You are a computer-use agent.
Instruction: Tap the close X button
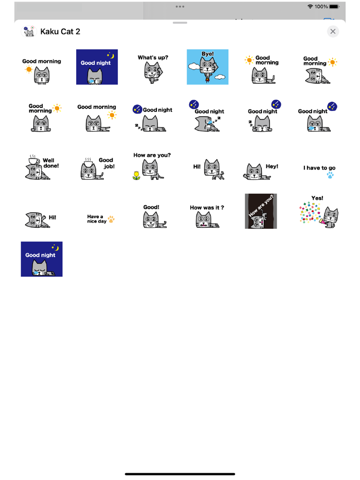point(333,31)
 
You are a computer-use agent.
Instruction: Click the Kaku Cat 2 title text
point(60,32)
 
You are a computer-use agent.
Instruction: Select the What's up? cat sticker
point(152,68)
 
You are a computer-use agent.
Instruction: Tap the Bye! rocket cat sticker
point(207,67)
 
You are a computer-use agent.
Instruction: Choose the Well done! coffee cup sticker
point(42,167)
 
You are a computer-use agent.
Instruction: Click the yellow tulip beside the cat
point(136,175)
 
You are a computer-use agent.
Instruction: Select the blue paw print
point(330,176)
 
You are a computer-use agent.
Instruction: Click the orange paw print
point(111,219)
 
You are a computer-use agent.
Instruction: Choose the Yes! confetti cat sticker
point(318,211)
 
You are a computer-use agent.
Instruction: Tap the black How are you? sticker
point(261,211)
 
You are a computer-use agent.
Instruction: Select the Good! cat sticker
point(152,216)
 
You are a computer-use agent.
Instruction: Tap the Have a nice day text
point(96,219)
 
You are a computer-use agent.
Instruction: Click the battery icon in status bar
point(334,7)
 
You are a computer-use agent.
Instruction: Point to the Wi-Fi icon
point(310,7)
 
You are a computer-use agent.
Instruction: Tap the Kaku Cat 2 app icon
point(29,31)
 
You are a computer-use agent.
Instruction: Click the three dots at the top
point(180,7)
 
